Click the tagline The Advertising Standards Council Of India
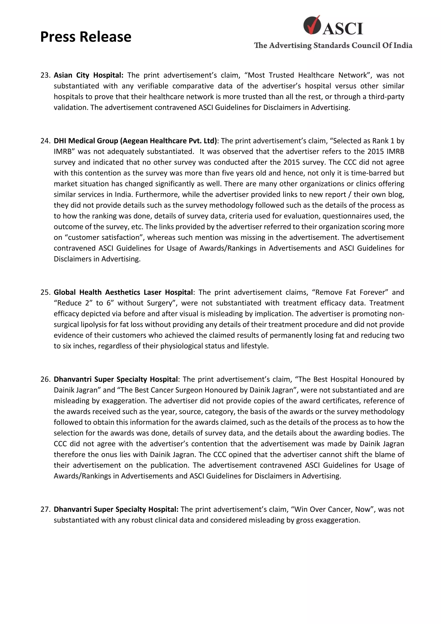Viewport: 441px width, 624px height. [x=333, y=45]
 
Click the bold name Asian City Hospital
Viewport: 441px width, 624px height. [x=88, y=75]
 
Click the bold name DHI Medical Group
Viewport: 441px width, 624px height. [x=86, y=141]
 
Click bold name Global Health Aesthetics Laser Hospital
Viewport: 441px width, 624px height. [x=123, y=292]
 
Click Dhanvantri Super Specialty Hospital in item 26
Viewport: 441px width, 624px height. [x=115, y=379]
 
